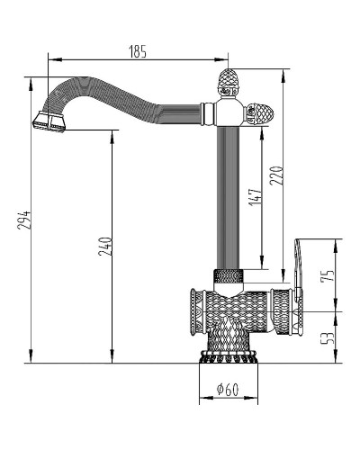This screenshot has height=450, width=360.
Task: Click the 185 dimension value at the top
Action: pyautogui.click(x=137, y=52)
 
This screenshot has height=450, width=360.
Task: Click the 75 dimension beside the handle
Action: pyautogui.click(x=328, y=274)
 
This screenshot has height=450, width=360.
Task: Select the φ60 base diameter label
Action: pyautogui.click(x=227, y=390)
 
